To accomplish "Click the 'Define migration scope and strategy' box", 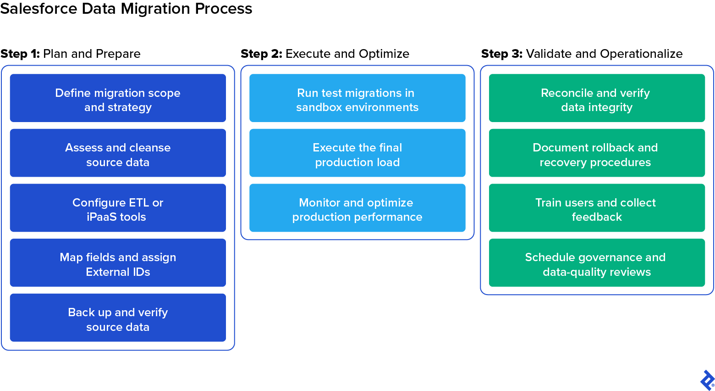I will [x=118, y=98].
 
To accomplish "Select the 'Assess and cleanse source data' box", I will [x=118, y=153].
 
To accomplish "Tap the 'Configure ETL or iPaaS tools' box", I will [x=118, y=208].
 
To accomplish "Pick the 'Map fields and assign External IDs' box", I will [x=118, y=263].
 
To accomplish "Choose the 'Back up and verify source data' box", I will [x=118, y=318].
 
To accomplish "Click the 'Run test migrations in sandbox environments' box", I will [x=357, y=98].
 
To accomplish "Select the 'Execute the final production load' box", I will [x=357, y=153].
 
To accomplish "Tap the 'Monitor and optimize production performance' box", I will [x=357, y=208].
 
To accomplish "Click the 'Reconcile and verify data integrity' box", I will [x=597, y=98].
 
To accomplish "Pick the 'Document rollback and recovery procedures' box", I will [x=597, y=153].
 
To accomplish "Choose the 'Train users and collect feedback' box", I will [x=597, y=208].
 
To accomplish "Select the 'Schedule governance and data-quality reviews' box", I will [x=597, y=263].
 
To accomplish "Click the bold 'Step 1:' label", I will [x=20, y=54].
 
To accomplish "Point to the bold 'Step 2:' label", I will [x=261, y=54].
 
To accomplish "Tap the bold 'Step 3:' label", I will [x=501, y=54].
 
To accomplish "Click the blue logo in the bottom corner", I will [x=707, y=380].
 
